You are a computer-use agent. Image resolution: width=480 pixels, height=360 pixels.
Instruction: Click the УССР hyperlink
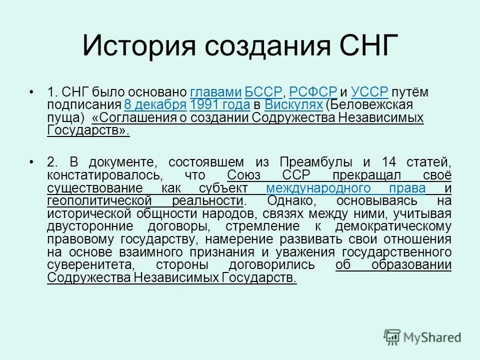(369, 92)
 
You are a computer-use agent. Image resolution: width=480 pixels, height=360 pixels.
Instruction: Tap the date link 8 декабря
(155, 105)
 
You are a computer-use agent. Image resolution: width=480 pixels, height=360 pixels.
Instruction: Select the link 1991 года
(220, 105)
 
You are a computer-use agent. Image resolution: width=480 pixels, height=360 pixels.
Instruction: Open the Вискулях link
(293, 105)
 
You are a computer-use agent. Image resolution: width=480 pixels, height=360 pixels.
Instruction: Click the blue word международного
(346, 188)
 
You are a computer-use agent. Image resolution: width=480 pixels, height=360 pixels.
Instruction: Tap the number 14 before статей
(388, 162)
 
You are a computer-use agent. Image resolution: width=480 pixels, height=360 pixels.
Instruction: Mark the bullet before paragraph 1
(32, 92)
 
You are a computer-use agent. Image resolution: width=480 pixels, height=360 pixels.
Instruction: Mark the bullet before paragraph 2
(32, 162)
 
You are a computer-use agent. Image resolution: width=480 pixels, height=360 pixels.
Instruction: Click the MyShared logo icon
(392, 337)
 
